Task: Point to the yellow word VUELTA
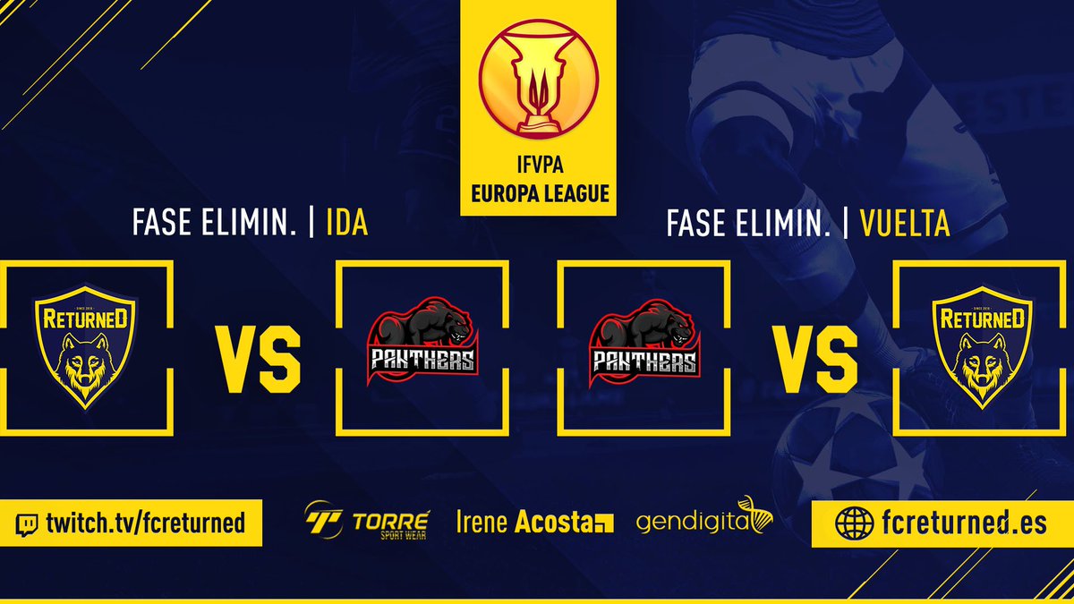904,224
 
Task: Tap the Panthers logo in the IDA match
422,345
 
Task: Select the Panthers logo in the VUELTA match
644,345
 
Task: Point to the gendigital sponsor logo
703,519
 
